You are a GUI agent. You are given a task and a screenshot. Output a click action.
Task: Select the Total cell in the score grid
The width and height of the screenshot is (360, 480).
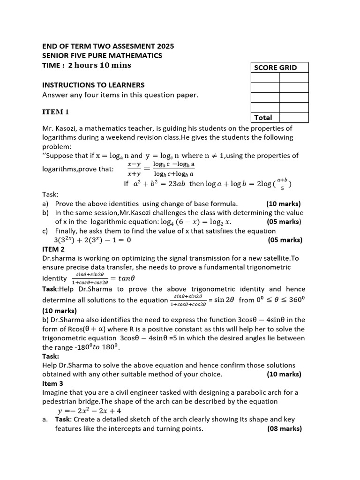pyautogui.click(x=263, y=118)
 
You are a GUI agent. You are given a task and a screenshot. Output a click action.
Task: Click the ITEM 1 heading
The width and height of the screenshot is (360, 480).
pyautogui.click(x=56, y=112)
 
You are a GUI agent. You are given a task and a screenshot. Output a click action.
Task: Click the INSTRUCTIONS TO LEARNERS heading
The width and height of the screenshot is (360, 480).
pyautogui.click(x=93, y=85)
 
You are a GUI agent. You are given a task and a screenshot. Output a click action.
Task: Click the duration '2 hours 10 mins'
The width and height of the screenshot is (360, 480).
pyautogui.click(x=99, y=65)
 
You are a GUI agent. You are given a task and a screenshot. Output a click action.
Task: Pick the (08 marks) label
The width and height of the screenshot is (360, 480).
pyautogui.click(x=285, y=428)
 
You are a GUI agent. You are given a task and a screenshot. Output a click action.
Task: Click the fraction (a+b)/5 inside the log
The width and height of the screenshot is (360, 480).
pyautogui.click(x=282, y=183)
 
